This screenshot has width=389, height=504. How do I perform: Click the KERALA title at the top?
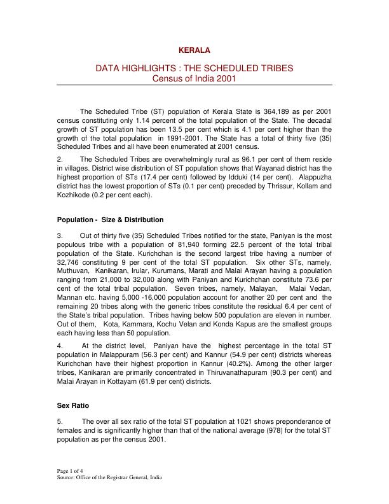[x=194, y=50]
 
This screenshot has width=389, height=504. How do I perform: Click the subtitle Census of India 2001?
[x=194, y=78]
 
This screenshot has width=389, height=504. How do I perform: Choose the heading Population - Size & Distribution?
[x=110, y=220]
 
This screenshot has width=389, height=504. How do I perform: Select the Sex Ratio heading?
[x=72, y=405]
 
